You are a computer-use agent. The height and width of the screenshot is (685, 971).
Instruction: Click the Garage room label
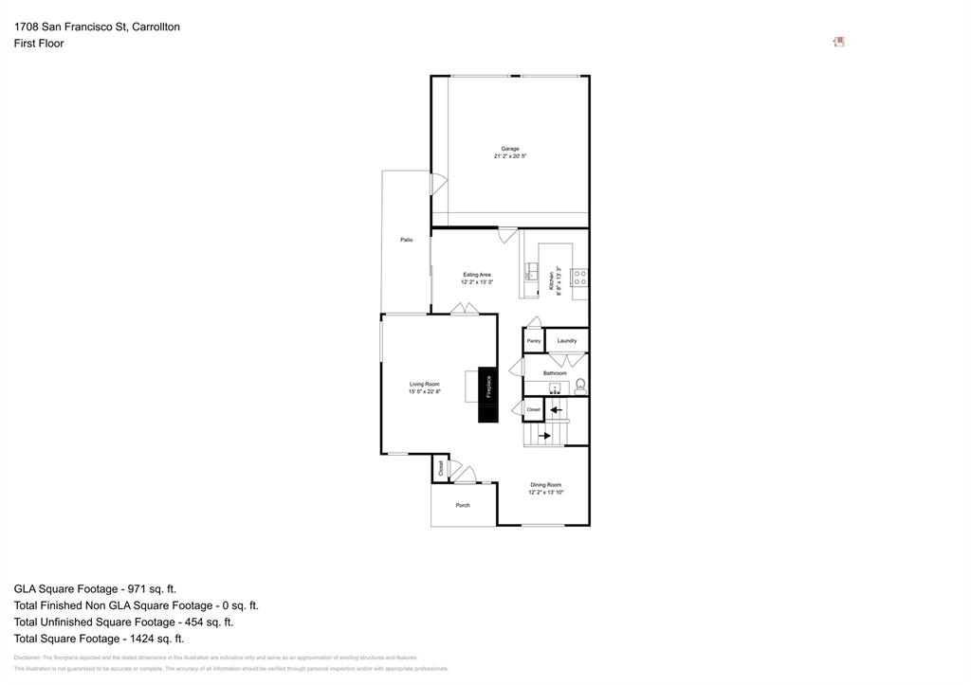(x=510, y=149)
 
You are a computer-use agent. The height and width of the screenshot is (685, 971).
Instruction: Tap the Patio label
(x=406, y=240)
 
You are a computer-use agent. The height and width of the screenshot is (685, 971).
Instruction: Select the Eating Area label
(x=477, y=275)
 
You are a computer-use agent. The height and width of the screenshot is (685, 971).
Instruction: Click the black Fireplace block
(x=487, y=394)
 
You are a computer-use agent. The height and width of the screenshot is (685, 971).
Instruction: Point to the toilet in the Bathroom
(x=580, y=386)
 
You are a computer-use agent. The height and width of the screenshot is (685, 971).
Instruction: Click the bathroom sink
(x=555, y=388)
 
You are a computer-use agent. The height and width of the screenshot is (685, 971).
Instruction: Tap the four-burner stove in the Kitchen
(x=579, y=278)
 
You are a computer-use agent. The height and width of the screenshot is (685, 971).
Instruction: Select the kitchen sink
(x=531, y=276)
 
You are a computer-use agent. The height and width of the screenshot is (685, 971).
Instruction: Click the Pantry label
(x=533, y=341)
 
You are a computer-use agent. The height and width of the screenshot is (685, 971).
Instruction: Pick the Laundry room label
(x=567, y=341)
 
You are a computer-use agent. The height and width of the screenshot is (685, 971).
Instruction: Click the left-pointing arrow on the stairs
(x=556, y=410)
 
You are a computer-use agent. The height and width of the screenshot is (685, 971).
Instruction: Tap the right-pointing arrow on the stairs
(x=545, y=436)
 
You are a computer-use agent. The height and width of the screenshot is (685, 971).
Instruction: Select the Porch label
(x=463, y=505)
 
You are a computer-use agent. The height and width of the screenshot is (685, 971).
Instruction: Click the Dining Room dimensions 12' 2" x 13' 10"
(x=546, y=493)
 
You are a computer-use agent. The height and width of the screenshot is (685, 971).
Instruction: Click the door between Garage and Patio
(x=437, y=185)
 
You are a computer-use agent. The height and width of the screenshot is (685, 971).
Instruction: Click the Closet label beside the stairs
(x=533, y=409)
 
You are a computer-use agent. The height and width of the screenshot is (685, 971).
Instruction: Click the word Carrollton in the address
(x=156, y=27)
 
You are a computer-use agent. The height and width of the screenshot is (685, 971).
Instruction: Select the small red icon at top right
(x=838, y=42)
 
